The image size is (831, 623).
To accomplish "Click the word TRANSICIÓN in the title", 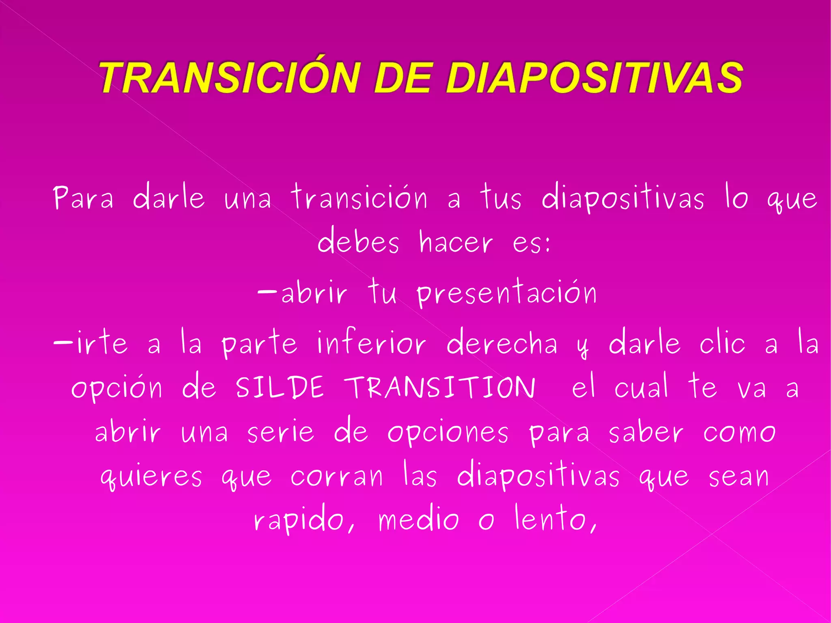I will click(x=230, y=77).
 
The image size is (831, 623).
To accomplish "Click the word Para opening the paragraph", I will click(x=83, y=198).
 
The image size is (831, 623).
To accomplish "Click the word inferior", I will click(x=371, y=342).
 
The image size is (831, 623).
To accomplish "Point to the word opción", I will click(x=117, y=388).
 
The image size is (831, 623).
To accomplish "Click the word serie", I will click(x=280, y=432).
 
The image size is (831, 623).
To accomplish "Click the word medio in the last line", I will click(x=419, y=519).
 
